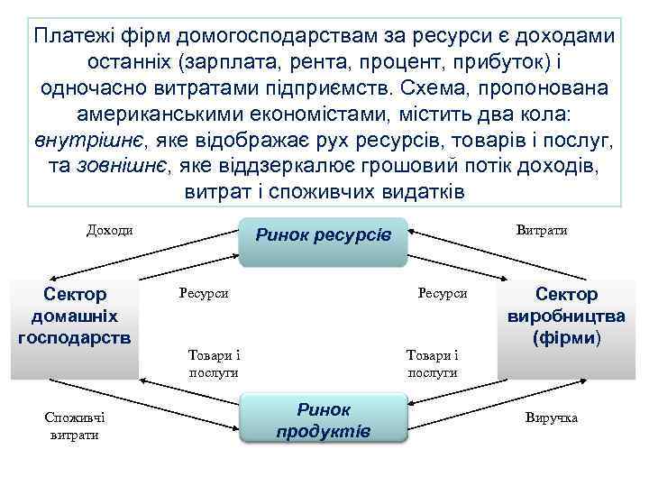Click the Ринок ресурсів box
pos(324,239)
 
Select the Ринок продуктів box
pos(324,419)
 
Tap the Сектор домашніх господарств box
pos(74,316)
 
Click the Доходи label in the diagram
pos(109,229)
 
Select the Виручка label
pos(551,418)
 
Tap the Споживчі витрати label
pos(75,426)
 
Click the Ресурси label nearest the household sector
pos(204,293)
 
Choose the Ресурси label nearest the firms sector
pos(442,293)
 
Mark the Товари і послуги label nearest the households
pos(214,362)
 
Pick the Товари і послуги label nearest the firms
pos(432,362)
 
